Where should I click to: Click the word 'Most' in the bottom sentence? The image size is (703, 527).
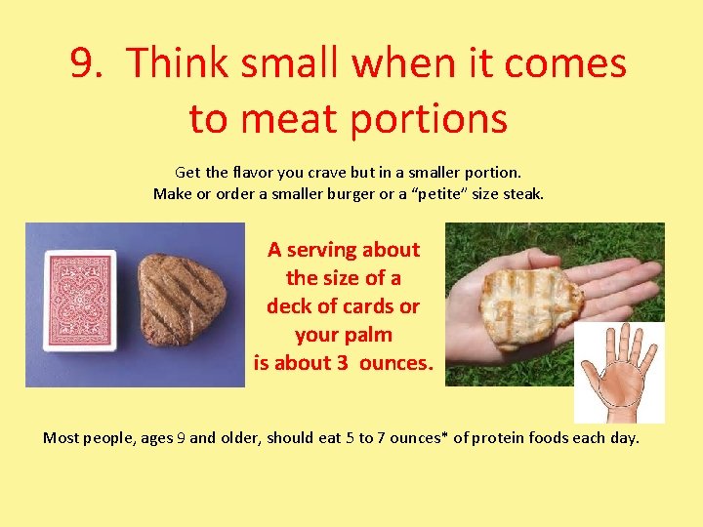tap(61, 437)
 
